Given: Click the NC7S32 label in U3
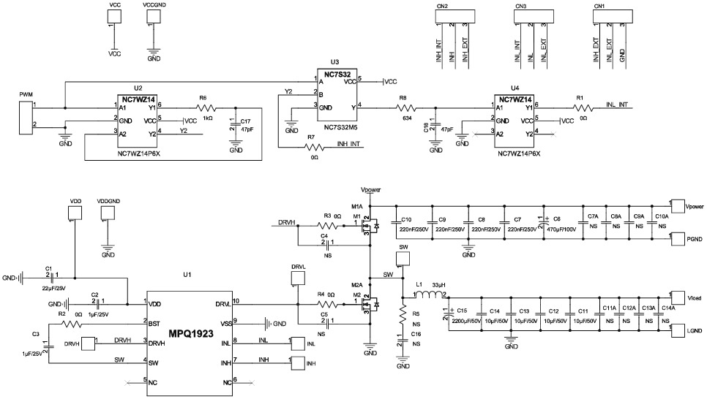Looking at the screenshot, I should pyautogui.click(x=337, y=74).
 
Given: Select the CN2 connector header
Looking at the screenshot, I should pyautogui.click(x=452, y=15).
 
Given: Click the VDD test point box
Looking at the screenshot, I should pyautogui.click(x=75, y=213).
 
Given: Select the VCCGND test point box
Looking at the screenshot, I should pyautogui.click(x=154, y=16).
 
